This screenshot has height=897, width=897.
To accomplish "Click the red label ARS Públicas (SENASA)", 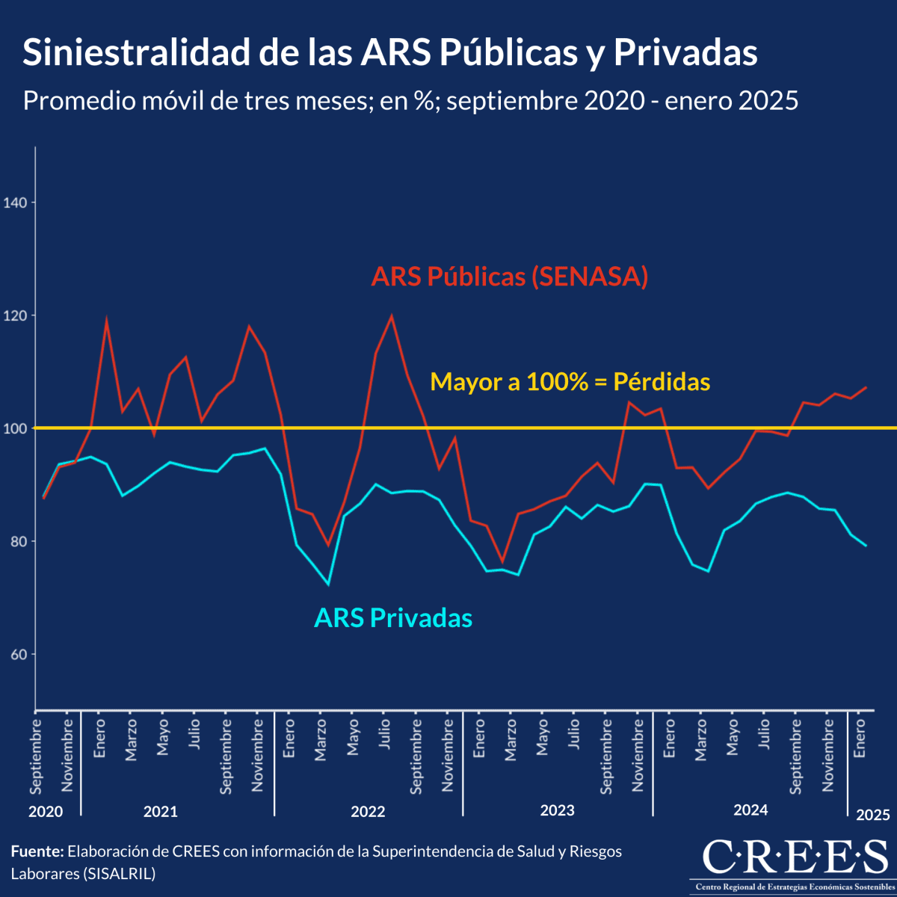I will click(x=509, y=277).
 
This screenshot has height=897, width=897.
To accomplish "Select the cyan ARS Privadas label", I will click(x=393, y=618).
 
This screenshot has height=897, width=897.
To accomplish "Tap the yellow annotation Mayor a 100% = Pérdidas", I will click(x=570, y=382).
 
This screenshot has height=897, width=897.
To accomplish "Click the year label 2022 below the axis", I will click(x=368, y=812).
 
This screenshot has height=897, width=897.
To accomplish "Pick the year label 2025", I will click(x=873, y=815).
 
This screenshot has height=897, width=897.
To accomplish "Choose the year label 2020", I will click(x=46, y=812).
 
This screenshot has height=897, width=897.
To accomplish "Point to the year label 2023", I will click(x=557, y=811).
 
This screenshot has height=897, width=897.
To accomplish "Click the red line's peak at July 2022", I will click(x=392, y=315).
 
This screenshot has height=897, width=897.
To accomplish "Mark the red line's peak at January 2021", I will click(x=106, y=320).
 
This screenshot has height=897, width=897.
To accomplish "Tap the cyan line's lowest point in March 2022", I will click(x=328, y=585).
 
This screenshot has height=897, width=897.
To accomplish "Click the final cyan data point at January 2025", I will click(x=866, y=546).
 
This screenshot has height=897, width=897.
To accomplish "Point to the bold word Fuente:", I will click(x=37, y=851).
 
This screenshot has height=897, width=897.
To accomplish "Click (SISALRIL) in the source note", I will click(x=119, y=873).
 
